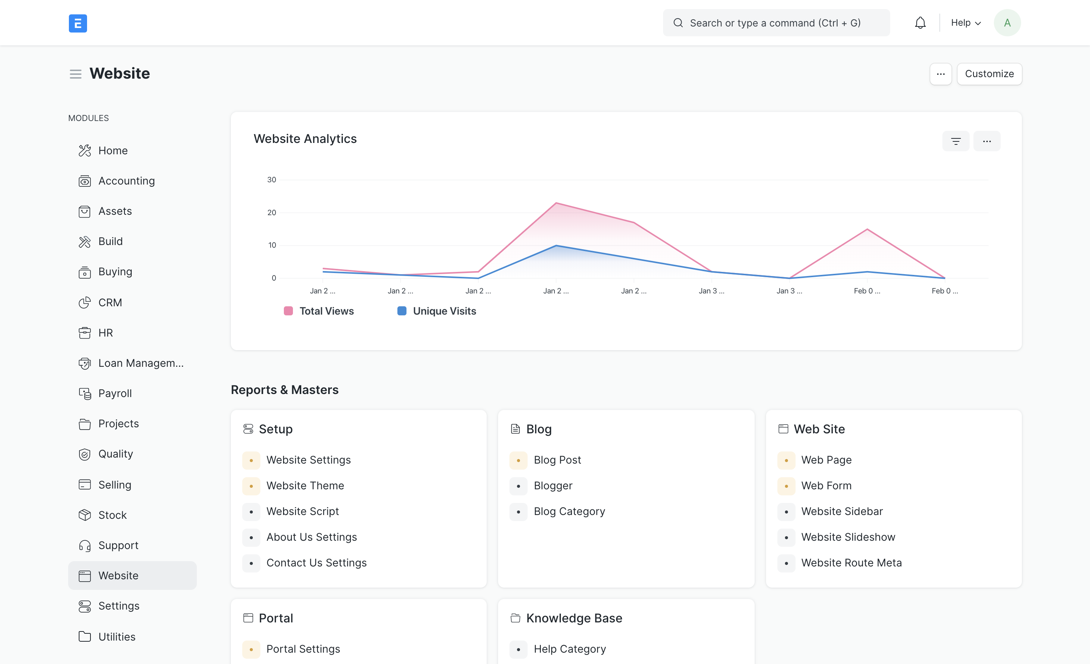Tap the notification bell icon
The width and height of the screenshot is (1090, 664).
click(x=920, y=23)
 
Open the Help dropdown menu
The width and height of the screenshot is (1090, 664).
click(x=966, y=23)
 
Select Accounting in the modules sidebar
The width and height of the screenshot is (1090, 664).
click(x=126, y=181)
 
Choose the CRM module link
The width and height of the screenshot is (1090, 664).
click(x=110, y=303)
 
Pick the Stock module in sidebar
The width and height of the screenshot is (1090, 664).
click(x=112, y=515)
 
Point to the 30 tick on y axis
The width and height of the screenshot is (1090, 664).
click(x=272, y=180)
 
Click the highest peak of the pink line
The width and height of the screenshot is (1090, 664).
click(x=556, y=203)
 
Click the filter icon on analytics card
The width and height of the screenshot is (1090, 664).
click(x=956, y=141)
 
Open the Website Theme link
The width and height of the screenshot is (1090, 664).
click(x=305, y=486)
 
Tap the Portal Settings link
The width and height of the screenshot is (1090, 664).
click(x=303, y=648)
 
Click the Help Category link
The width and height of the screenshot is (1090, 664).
click(x=569, y=648)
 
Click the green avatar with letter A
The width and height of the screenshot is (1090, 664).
click(x=1007, y=23)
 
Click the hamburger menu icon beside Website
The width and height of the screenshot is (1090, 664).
click(x=76, y=74)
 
